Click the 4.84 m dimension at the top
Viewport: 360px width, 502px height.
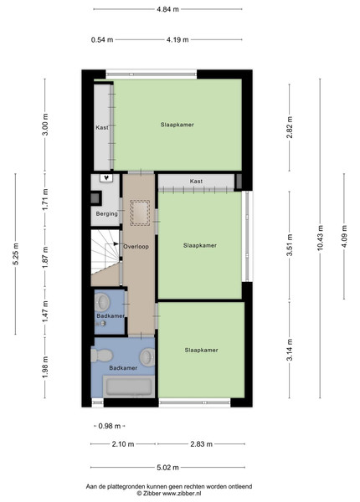[x=167, y=9]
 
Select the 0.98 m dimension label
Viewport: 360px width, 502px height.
[x=110, y=426]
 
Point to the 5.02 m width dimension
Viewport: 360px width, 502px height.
[x=167, y=468]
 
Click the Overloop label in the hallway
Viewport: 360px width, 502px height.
[x=136, y=247]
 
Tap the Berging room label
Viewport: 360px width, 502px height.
[x=106, y=213]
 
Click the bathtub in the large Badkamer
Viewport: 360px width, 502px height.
[x=129, y=387]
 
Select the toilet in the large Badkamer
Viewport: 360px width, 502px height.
[x=101, y=356]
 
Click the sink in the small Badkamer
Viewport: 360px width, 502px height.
[x=103, y=302]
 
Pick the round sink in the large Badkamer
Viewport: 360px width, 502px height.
[x=147, y=356]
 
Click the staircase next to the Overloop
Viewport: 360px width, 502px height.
[x=105, y=252]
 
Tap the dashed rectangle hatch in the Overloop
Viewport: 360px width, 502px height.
[x=140, y=213]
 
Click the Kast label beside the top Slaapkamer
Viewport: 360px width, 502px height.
[x=102, y=127]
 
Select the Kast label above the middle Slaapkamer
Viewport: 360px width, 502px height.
[x=196, y=182]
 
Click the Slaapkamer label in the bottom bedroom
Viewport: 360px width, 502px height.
[x=202, y=351]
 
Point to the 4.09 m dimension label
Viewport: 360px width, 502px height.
[x=344, y=236]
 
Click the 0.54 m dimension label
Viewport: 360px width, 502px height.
[x=102, y=39]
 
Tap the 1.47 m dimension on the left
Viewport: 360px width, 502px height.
[x=45, y=311]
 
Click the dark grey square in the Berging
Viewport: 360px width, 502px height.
[x=95, y=198]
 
